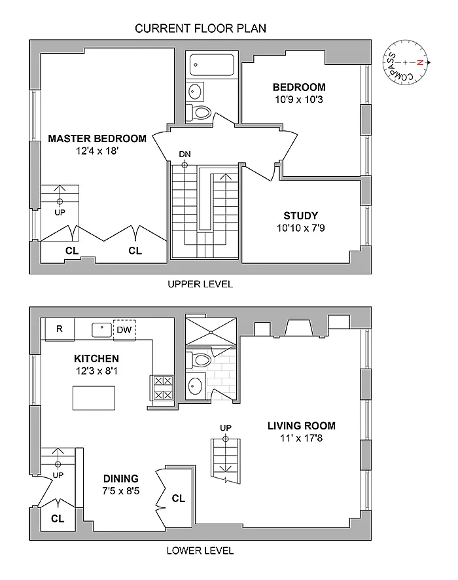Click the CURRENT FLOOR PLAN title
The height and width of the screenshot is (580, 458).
pyautogui.click(x=201, y=28)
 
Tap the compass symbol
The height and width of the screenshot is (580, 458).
pyautogui.click(x=407, y=63)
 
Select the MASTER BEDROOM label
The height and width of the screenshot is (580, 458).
pyautogui.click(x=97, y=138)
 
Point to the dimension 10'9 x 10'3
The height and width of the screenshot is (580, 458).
pyautogui.click(x=299, y=100)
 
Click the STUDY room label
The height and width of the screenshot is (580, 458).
pyautogui.click(x=301, y=215)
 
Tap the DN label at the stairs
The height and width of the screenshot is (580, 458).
pyautogui.click(x=185, y=154)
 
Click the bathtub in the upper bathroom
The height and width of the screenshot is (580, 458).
pyautogui.click(x=211, y=65)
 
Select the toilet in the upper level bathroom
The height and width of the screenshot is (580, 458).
pyautogui.click(x=200, y=113)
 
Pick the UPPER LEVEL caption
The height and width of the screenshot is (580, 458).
pyautogui.click(x=200, y=284)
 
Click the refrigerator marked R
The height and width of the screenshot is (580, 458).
pyautogui.click(x=59, y=329)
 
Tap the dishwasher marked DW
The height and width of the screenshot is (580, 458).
pyautogui.click(x=124, y=329)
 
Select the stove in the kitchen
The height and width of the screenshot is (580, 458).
pyautogui.click(x=162, y=387)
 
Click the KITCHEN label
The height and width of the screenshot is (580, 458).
pyautogui.click(x=96, y=359)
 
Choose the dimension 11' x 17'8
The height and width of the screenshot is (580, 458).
pyautogui.click(x=302, y=438)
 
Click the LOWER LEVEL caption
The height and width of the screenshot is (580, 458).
pyautogui.click(x=200, y=551)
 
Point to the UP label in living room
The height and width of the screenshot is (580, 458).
pyautogui.click(x=226, y=427)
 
